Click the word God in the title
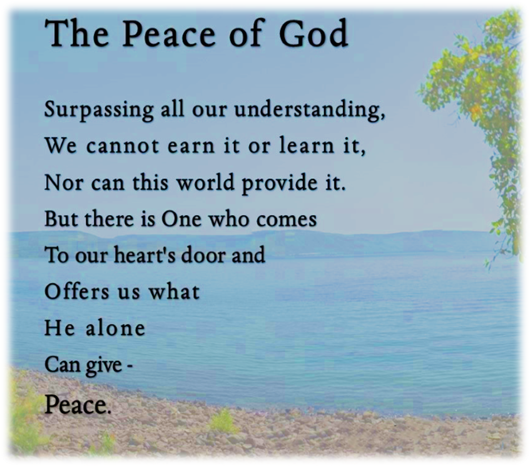[313, 33]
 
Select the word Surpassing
[99, 110]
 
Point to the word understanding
[309, 110]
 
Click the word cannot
[123, 146]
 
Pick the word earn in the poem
[191, 146]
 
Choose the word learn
[307, 146]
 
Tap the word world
[205, 182]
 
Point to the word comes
[287, 220]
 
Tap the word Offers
[77, 291]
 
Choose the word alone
[115, 328]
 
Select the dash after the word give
[129, 366]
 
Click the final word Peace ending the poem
[78, 405]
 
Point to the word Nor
[64, 183]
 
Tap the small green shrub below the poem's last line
[223, 422]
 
